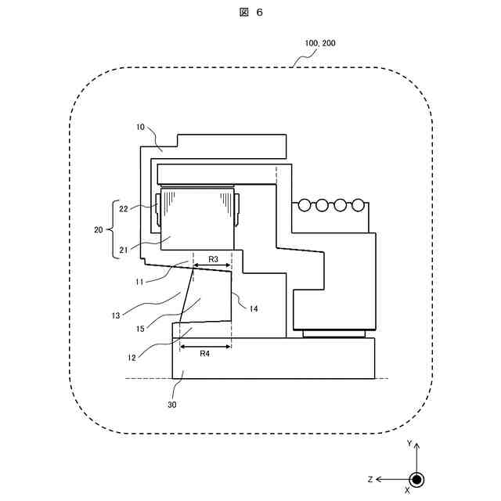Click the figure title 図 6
coord(250,13)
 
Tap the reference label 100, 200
coord(319,44)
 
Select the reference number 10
coord(140,126)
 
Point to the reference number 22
coord(124,208)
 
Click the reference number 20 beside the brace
coord(99,230)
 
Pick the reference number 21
coord(124,250)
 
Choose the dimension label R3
coord(212,258)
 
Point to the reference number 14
coord(254,308)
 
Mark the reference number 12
coord(133,358)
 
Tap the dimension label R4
coord(204,353)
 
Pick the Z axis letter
coord(369,478)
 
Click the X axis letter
coord(407,490)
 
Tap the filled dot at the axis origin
coord(417,479)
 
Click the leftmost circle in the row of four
coord(304,205)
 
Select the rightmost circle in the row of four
coord(358,205)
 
